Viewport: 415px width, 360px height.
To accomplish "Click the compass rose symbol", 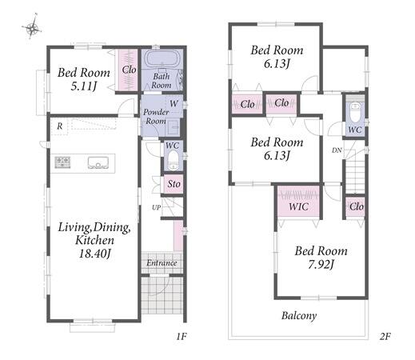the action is [x=32, y=26].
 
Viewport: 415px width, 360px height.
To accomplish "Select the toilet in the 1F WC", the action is [x=174, y=161].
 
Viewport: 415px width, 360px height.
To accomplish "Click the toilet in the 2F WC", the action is [x=355, y=113].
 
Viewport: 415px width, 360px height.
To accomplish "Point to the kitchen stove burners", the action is [x=62, y=162].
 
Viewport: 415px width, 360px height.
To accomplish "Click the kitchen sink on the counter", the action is [x=98, y=162].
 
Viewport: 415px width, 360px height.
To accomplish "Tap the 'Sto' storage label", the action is [x=174, y=184].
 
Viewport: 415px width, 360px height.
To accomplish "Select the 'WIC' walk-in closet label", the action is [x=298, y=206].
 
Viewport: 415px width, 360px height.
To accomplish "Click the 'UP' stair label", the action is [x=157, y=207].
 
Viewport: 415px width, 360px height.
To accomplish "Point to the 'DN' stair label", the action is [x=337, y=150].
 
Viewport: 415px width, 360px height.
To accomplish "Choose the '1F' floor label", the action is [x=182, y=336].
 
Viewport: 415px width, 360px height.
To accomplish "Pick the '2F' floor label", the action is [x=385, y=336].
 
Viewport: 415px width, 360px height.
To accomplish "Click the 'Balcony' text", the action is [x=299, y=316].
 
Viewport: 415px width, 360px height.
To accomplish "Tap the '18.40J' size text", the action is [x=94, y=253].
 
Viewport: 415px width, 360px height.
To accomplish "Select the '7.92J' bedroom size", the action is [x=321, y=265].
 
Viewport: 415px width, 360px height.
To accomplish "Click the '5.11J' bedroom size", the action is [x=84, y=86].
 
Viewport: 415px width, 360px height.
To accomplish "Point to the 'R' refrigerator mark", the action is [x=60, y=126].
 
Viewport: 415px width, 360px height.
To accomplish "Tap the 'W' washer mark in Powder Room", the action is [x=174, y=103].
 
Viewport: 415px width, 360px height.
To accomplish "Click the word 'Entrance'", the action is [x=162, y=263].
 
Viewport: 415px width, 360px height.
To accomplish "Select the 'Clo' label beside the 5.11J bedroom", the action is [x=129, y=70].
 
